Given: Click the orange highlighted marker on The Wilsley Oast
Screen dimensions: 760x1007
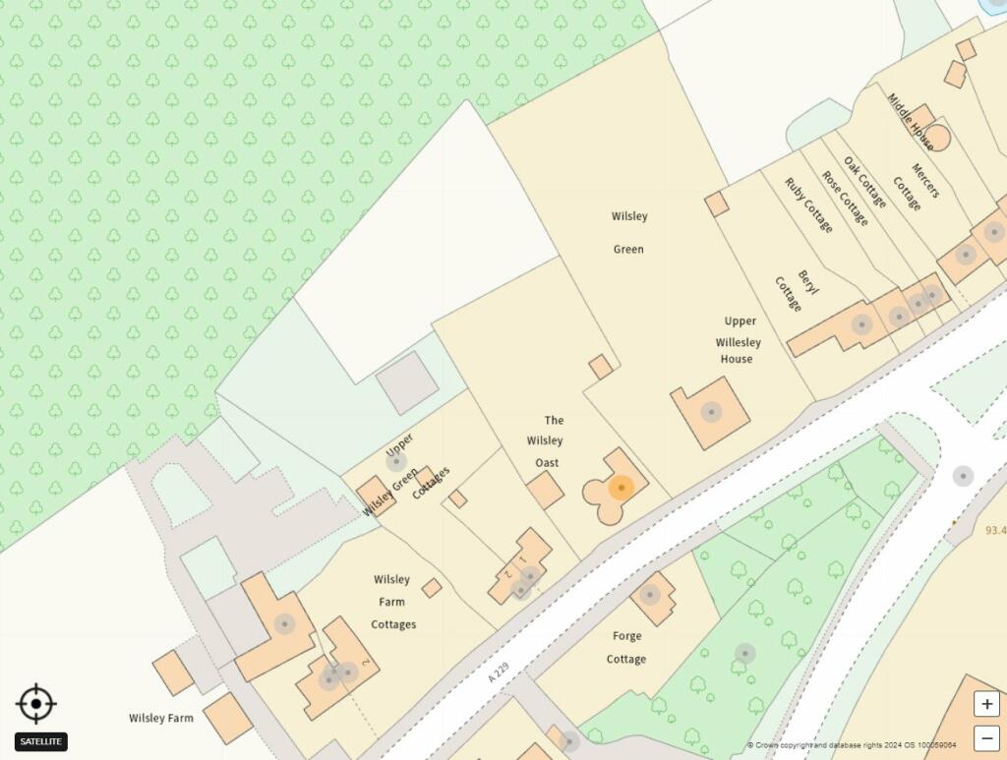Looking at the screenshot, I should (621, 488).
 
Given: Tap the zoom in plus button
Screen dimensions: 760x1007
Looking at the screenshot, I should (986, 704).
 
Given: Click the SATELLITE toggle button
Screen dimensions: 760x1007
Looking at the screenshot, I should (41, 741).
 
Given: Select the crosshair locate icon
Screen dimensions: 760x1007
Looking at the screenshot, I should (36, 704).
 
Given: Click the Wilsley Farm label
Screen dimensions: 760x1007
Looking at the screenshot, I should (160, 718).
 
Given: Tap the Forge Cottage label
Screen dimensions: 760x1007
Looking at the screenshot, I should (626, 647).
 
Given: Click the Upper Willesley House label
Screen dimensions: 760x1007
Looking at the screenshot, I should (737, 340).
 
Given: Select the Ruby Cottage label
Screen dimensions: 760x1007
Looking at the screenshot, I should (808, 205).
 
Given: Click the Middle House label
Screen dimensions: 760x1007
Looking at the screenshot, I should (910, 121).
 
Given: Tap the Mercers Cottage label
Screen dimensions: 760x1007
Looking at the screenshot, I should (916, 184).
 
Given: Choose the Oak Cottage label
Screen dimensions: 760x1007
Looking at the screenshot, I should (864, 182).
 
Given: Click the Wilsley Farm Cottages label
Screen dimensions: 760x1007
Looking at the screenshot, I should (393, 602).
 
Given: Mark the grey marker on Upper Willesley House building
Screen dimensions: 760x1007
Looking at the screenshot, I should (710, 412).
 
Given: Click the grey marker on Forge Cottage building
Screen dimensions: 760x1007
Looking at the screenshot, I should (649, 594).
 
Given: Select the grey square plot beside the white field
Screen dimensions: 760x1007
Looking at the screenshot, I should (407, 382).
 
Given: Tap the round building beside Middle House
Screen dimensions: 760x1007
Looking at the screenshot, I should (938, 138).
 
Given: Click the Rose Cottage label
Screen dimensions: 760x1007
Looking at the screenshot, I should (845, 199).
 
